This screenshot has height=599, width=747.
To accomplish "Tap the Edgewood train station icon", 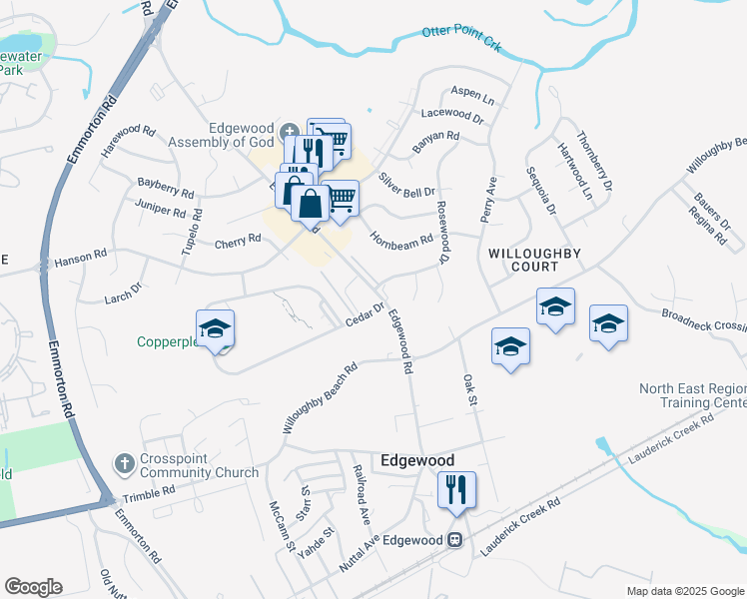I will [455, 539].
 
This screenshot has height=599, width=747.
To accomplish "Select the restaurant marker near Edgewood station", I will [456, 490].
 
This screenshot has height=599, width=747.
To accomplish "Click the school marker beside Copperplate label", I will [215, 329].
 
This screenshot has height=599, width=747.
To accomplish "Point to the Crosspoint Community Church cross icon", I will [125, 463].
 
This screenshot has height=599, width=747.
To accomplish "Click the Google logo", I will [34, 587].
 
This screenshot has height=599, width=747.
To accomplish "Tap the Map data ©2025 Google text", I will [685, 591].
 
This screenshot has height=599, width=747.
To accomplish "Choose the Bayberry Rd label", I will [165, 187].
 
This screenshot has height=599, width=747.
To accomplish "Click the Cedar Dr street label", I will [365, 314].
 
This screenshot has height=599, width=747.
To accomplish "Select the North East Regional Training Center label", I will [693, 395].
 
